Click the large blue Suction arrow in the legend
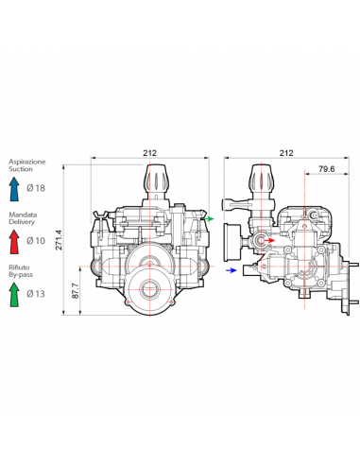(14, 189)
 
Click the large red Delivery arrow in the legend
(14, 242)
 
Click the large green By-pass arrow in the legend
(14, 295)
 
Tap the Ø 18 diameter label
(36, 188)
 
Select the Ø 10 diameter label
(36, 241)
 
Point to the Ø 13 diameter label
(36, 294)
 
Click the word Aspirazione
(27, 162)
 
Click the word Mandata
(23, 215)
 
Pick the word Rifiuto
(19, 267)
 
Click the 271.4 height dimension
(59, 240)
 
